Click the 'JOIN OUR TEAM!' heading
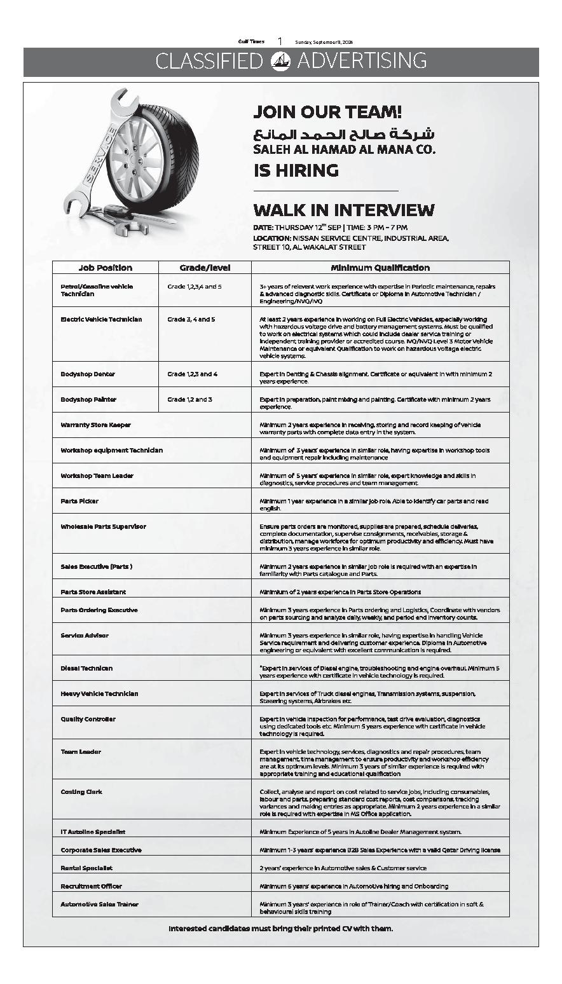pos(327,113)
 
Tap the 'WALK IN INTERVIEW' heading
pos(343,210)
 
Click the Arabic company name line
pos(343,134)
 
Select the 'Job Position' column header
pos(106,268)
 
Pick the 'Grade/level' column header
pos(205,268)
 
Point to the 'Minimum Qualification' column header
pos(380,268)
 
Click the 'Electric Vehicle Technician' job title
pos(101,319)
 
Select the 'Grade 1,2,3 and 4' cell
pos(192,374)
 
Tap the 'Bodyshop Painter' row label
pos(88,399)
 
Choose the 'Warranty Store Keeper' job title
pos(95,425)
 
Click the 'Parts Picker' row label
pos(79,501)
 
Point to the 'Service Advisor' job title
pos(85,635)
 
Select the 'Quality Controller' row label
pos(88,719)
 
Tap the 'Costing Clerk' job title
pos(81,791)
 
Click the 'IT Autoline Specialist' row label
pos(93,831)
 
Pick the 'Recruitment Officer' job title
pos(91,885)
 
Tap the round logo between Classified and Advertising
pos(280,61)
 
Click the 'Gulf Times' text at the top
pos(251,41)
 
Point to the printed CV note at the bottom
pos(280,929)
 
